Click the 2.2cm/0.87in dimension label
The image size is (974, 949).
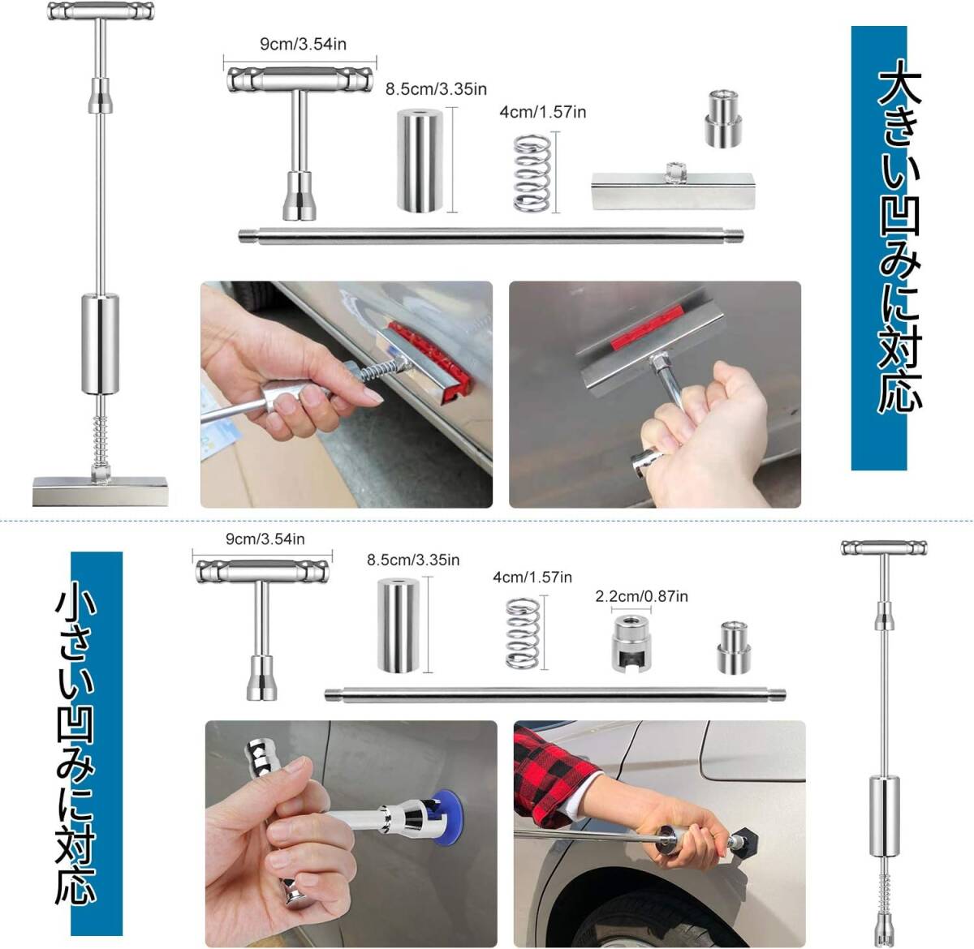(641, 596)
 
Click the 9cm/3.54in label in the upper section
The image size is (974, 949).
(303, 44)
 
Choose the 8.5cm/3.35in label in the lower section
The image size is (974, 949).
(413, 560)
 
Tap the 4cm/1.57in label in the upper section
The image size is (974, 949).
(542, 112)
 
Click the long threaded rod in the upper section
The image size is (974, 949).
(491, 235)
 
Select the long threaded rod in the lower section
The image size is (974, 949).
(555, 695)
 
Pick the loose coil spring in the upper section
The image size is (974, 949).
(532, 173)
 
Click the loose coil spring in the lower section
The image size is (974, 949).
(523, 633)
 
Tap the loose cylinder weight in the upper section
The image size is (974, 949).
(420, 161)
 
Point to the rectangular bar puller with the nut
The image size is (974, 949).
(673, 187)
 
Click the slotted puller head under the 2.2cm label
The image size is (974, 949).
(631, 643)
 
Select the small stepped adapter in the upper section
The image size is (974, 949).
(722, 118)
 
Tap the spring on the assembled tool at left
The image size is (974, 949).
(100, 440)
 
